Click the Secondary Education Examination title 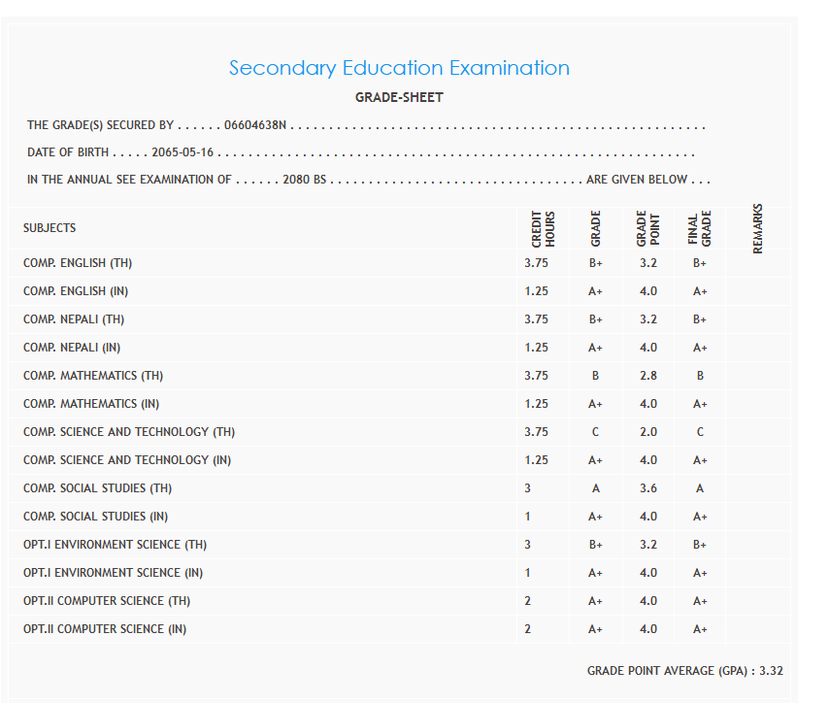click(x=399, y=68)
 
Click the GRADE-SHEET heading click(x=399, y=97)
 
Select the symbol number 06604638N click(x=255, y=125)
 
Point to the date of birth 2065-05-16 click(x=182, y=152)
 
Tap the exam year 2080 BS click(x=304, y=180)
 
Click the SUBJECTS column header click(x=50, y=228)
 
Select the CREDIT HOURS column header click(x=543, y=229)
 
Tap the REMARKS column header click(x=758, y=228)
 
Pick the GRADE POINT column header click(x=647, y=229)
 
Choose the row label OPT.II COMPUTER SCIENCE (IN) click(x=105, y=629)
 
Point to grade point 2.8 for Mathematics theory click(x=647, y=376)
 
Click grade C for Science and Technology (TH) click(x=595, y=432)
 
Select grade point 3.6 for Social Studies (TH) click(x=647, y=488)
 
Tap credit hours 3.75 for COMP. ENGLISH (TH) click(x=536, y=263)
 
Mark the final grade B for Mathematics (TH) click(x=700, y=376)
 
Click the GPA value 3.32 click(x=771, y=671)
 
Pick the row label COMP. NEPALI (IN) click(x=72, y=348)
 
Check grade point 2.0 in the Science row click(x=647, y=432)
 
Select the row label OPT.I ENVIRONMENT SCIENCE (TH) click(x=115, y=545)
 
